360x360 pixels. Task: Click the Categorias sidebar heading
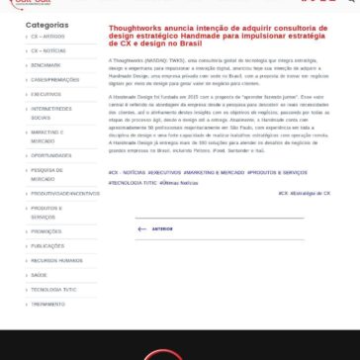tap(46, 25)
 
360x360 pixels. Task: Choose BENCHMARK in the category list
tap(45, 63)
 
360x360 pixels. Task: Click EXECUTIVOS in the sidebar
tap(45, 94)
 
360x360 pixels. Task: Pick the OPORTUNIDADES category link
tap(50, 155)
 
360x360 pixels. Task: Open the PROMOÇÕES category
tap(46, 230)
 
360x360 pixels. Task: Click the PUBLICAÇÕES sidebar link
tap(47, 245)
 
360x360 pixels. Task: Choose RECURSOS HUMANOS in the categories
tap(56, 260)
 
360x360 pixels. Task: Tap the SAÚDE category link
tap(40, 275)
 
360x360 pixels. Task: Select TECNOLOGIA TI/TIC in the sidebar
tap(53, 290)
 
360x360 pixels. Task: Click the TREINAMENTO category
tap(47, 305)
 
